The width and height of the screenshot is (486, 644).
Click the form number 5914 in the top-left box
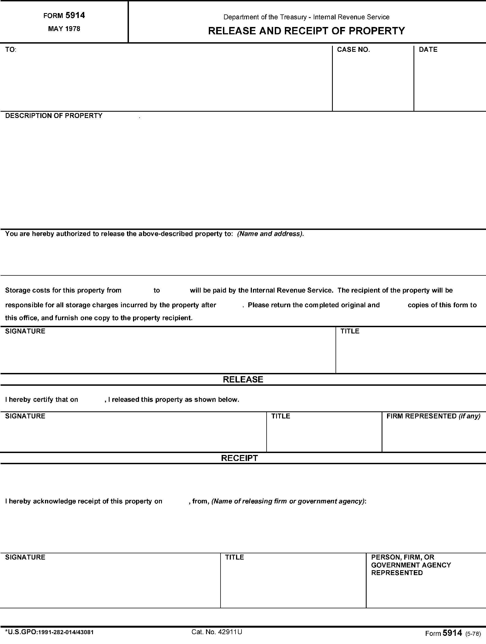pos(75,16)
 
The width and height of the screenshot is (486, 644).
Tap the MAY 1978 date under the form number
pos(64,29)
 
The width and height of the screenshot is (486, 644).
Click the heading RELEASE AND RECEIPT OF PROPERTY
pos(306,31)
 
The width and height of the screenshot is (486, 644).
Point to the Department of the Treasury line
pos(306,17)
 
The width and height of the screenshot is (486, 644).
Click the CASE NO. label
pos(353,50)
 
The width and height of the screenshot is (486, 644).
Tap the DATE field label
pos(428,50)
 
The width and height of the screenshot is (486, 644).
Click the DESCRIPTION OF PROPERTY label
pos(54,116)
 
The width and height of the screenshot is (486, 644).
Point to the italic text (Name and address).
pos(270,234)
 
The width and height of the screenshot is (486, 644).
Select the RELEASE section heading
pos(243,379)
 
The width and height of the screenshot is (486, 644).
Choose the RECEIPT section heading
pos(240,458)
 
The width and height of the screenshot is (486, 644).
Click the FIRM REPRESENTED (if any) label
pos(433,416)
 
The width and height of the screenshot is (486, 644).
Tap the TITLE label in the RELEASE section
pos(280,416)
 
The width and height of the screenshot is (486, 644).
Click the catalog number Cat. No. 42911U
pos(217,632)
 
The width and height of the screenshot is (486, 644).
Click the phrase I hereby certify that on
pos(42,399)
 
